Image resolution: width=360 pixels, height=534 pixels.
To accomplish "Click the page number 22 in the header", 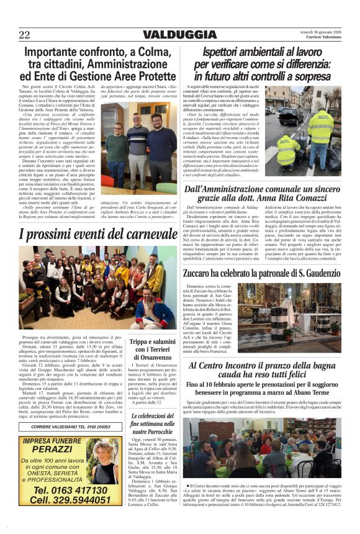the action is coord(24,35).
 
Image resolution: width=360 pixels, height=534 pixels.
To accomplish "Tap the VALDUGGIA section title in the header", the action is coord(179,35).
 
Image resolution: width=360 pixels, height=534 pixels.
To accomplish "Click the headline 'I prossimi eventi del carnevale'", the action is coord(89,235).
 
